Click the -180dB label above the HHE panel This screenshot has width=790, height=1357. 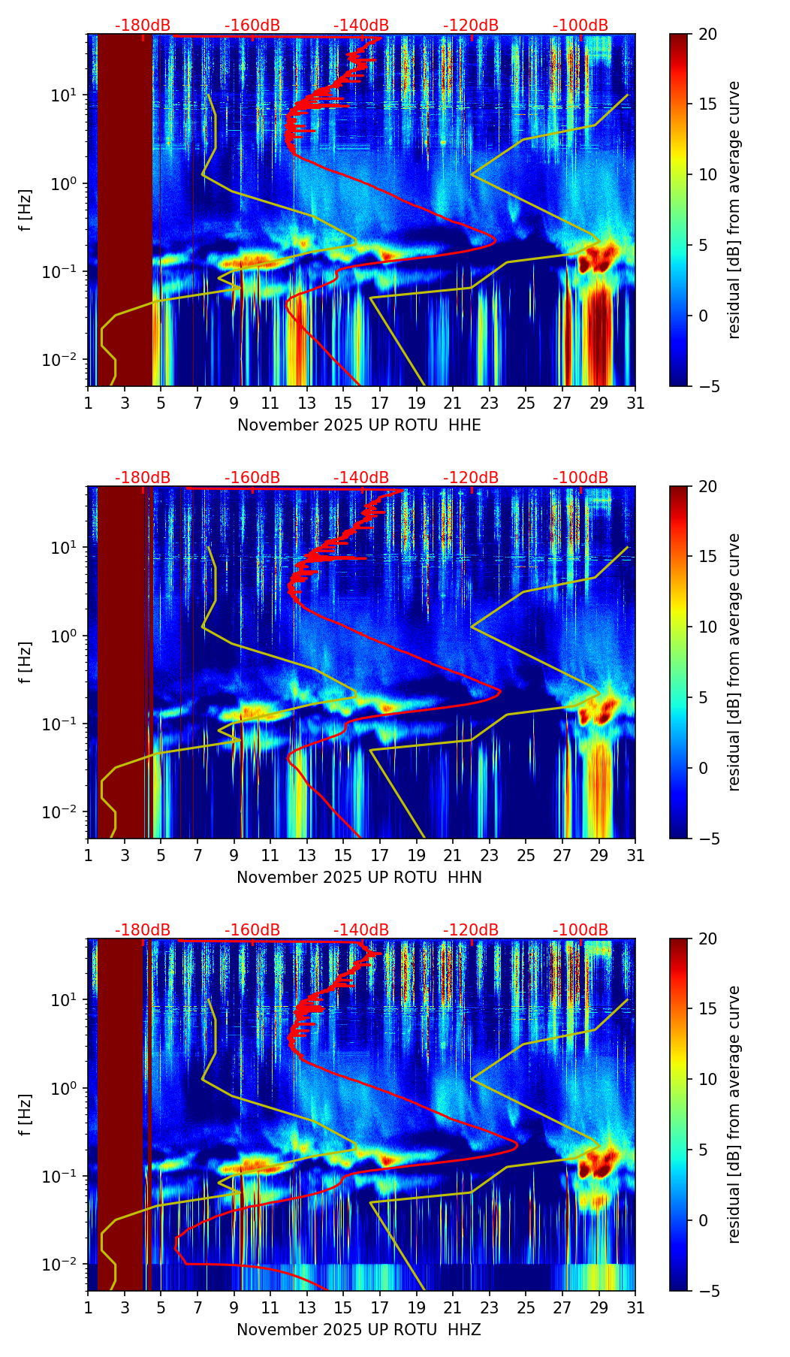[x=143, y=26]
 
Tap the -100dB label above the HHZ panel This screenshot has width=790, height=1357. [x=580, y=930]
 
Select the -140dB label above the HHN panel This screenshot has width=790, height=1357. [x=361, y=478]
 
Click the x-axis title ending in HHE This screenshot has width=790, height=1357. [x=359, y=425]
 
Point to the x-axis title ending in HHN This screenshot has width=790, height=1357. [x=359, y=878]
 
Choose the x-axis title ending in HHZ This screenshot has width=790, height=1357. [x=359, y=1330]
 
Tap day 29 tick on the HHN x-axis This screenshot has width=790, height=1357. [x=599, y=855]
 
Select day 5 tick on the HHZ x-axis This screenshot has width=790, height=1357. [x=161, y=1307]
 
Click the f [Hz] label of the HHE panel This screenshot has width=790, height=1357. [x=26, y=210]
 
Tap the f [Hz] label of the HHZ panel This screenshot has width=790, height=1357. [x=26, y=1114]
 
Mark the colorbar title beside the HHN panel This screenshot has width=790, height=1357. [x=734, y=662]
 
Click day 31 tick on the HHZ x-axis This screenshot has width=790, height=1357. [x=635, y=1307]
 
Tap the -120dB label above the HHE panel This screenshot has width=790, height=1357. [x=471, y=26]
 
